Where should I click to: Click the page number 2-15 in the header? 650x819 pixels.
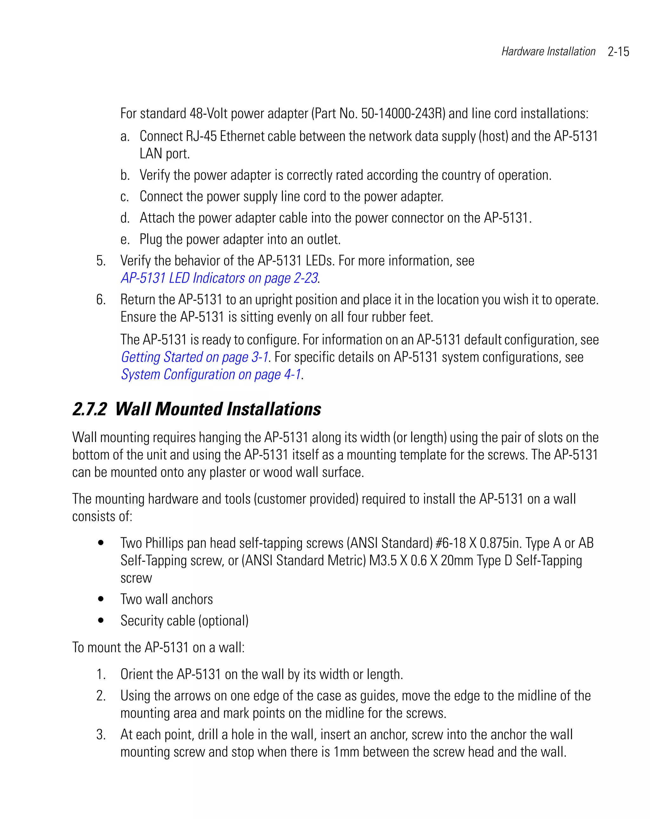(618, 52)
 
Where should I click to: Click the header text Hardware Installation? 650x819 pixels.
(548, 52)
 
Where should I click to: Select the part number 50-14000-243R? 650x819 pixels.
(403, 114)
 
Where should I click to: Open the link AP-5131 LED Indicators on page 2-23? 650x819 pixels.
(219, 278)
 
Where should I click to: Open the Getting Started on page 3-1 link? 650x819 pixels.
(194, 357)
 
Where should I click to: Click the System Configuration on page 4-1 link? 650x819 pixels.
(211, 374)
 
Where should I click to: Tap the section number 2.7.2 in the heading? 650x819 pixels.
(90, 410)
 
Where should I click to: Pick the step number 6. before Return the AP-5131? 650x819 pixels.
(101, 300)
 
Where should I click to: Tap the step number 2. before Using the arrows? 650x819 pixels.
(101, 696)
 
